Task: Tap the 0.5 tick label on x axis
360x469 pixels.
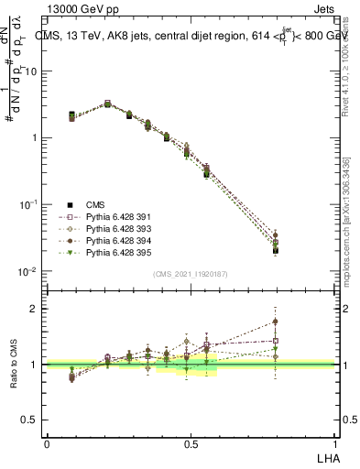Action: tap(190, 442)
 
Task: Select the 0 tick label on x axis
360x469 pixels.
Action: tap(47, 442)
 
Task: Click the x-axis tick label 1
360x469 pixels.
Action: tap(333, 442)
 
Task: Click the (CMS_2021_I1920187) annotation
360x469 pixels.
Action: tap(191, 274)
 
